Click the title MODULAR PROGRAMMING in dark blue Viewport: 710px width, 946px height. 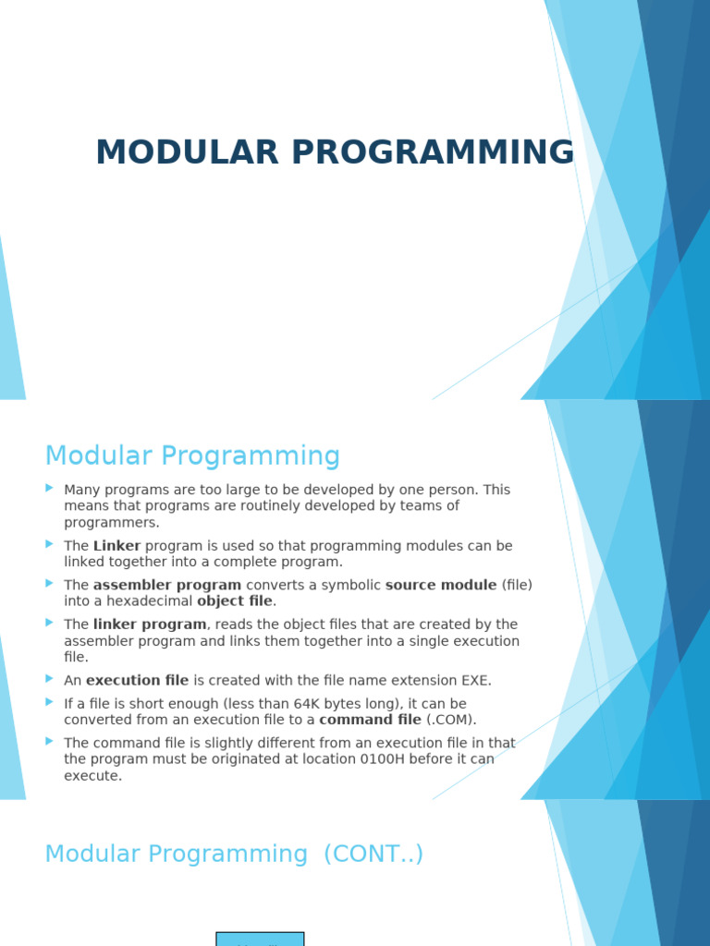point(335,152)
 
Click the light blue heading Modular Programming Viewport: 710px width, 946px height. point(192,456)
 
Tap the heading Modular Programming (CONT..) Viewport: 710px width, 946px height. point(234,854)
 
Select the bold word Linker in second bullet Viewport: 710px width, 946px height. point(116,546)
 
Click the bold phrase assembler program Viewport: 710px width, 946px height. point(166,585)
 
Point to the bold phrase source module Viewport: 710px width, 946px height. point(441,585)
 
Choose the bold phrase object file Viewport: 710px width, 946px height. point(235,601)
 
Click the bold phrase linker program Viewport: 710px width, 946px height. point(149,625)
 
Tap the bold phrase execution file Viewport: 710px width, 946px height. point(137,681)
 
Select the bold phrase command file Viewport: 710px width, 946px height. point(370,720)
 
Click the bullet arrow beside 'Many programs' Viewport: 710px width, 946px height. point(49,488)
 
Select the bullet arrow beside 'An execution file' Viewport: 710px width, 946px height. point(49,679)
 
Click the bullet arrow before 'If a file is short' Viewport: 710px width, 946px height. point(49,702)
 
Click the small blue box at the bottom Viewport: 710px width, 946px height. point(260,939)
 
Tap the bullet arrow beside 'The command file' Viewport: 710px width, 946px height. point(49,741)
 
